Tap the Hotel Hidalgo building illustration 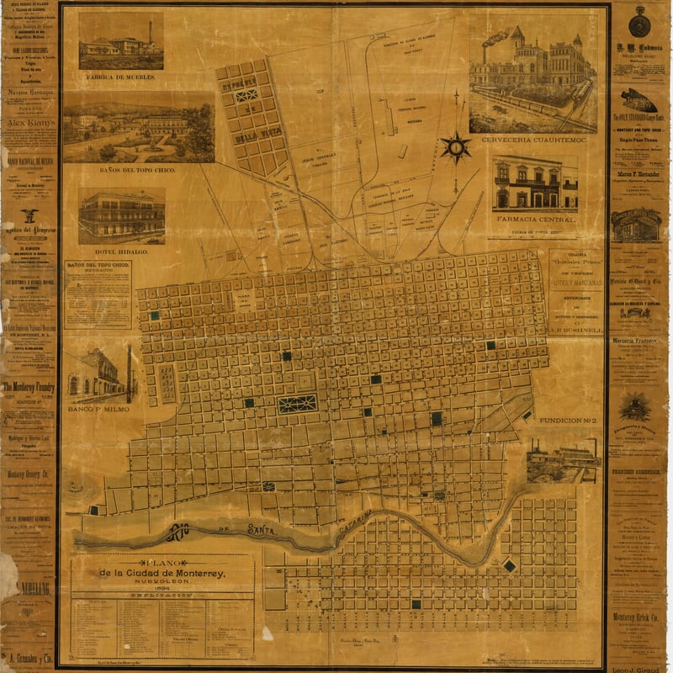click(121, 215)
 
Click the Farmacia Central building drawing click(535, 185)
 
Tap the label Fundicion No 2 click(560, 419)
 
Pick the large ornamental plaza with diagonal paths click(298, 403)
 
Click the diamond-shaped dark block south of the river click(509, 566)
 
